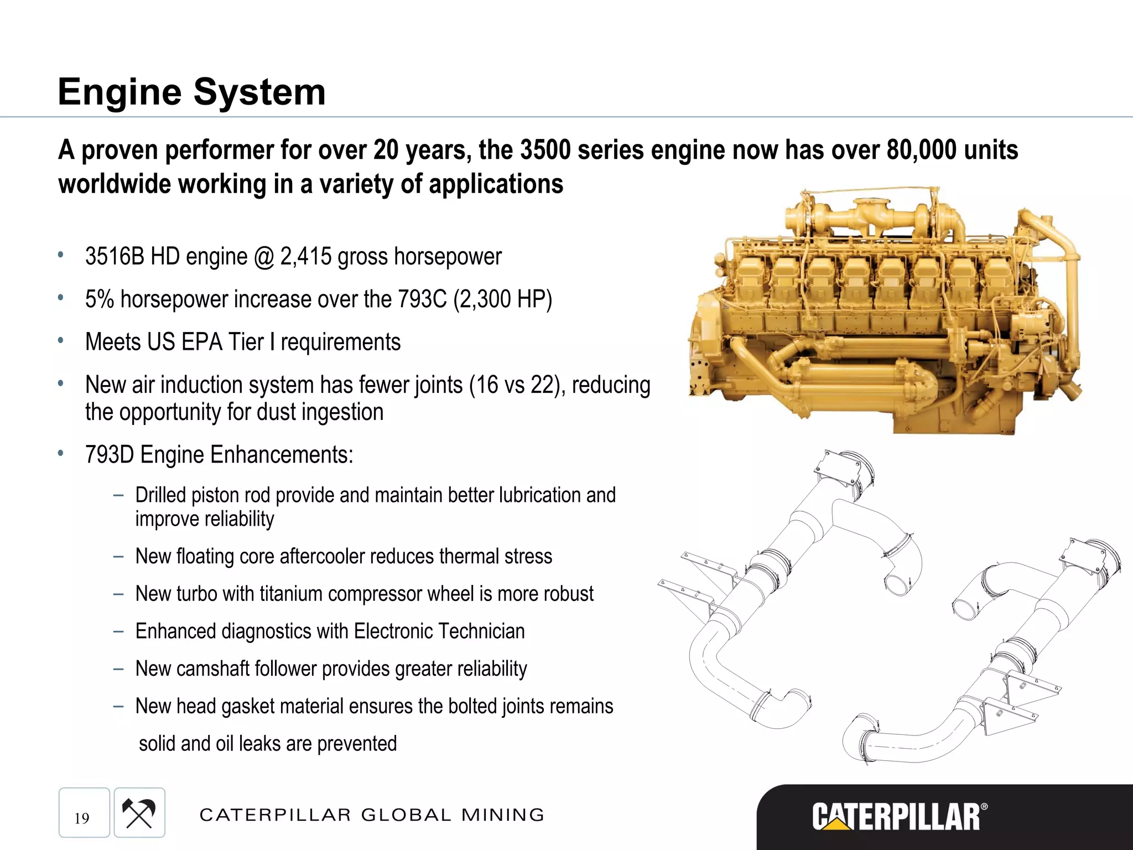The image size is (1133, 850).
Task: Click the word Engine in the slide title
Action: coord(119,93)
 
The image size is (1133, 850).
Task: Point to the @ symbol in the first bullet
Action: coord(264,258)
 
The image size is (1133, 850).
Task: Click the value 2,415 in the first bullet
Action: coord(306,257)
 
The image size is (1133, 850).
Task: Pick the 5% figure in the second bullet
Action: coord(99,299)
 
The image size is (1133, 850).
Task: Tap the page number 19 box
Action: coord(84,812)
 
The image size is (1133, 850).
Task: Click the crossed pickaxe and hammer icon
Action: coord(139,812)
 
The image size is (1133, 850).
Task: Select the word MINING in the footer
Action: coord(503,815)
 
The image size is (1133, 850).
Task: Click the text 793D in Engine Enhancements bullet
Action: coord(110,455)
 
